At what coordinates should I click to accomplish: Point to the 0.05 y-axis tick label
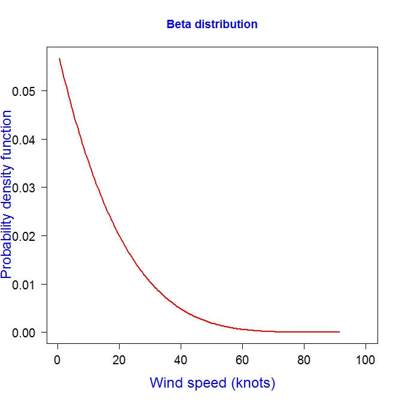coord(25,91)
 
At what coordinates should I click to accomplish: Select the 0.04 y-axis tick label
coord(25,140)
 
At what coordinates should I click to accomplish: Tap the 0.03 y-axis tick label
coord(25,188)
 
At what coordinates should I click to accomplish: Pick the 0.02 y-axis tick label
coord(25,236)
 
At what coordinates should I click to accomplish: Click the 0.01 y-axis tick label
coord(25,284)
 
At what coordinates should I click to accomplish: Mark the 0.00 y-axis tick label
coord(25,332)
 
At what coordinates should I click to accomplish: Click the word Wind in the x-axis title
coord(165,383)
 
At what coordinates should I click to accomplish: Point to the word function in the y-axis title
coord(7,131)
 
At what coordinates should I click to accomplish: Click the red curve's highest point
coord(59,59)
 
